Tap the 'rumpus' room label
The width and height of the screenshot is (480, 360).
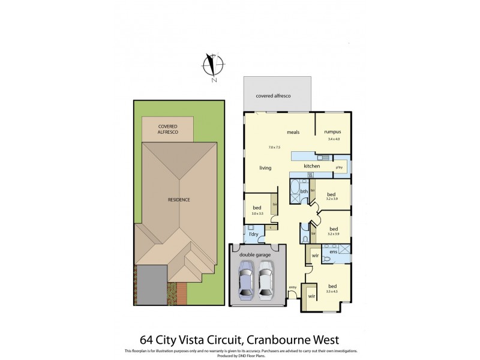pos(332,132)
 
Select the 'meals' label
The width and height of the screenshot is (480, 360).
pos(293,132)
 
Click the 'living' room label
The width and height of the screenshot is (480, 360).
pos(266,168)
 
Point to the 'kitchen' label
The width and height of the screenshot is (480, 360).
pos(311,166)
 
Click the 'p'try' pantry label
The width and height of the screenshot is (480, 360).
pos(339,167)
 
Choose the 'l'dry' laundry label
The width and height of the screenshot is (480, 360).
pos(253,233)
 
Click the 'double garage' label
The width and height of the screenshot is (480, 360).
pos(256,254)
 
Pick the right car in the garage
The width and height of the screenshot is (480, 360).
pos(266,281)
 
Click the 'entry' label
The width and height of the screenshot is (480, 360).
pos(292,287)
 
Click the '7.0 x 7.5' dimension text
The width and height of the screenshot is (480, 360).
pos(275,147)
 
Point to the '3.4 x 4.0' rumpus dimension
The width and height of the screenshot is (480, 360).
pos(333,139)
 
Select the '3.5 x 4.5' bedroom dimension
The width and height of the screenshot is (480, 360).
pos(332,292)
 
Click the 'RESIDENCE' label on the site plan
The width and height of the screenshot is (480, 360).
pos(179,199)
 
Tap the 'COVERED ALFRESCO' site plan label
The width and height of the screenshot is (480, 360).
pos(167,130)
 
